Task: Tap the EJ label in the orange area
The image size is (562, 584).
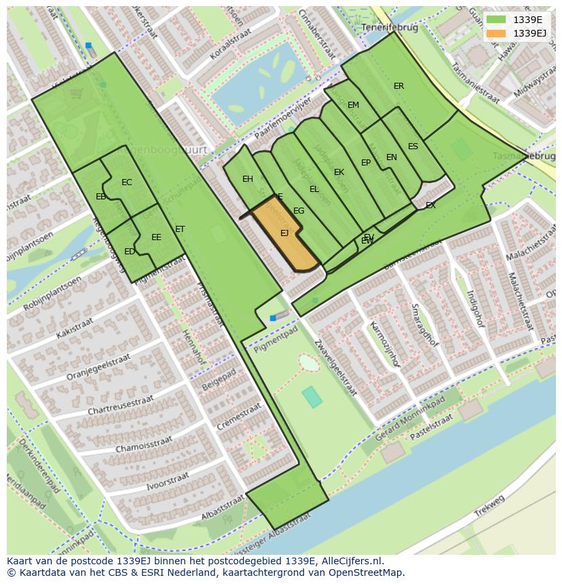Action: (x=284, y=233)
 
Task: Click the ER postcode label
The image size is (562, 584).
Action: (x=398, y=86)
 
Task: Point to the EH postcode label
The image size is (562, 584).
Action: (x=248, y=179)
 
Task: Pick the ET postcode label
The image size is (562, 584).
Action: (x=180, y=229)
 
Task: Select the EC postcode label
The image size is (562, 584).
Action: (x=127, y=182)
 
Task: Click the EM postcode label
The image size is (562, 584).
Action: (x=353, y=105)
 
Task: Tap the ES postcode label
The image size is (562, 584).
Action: (x=413, y=147)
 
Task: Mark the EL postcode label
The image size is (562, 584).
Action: (x=314, y=189)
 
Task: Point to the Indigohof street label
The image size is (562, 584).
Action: (x=475, y=308)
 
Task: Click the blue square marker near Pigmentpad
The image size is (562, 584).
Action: (x=273, y=317)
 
